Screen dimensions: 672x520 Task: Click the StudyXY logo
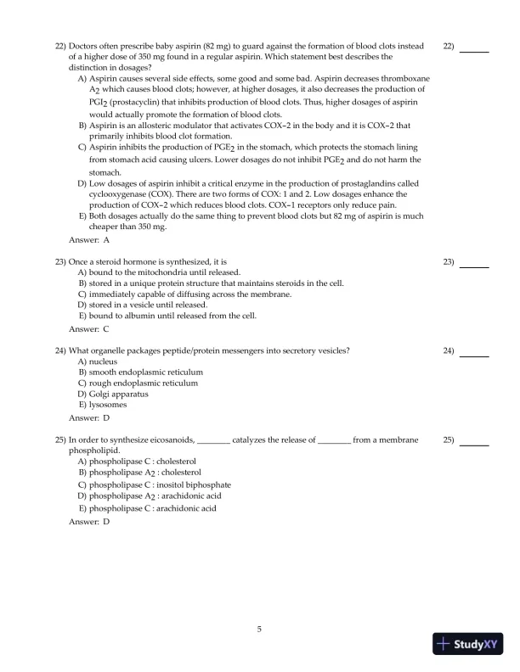click(x=466, y=644)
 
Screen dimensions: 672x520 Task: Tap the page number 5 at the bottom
click(x=260, y=629)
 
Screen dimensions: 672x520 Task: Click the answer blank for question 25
click(x=473, y=445)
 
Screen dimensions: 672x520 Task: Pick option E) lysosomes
click(x=103, y=406)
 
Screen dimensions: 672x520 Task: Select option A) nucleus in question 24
click(x=99, y=361)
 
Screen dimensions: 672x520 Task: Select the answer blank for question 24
click(x=473, y=356)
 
